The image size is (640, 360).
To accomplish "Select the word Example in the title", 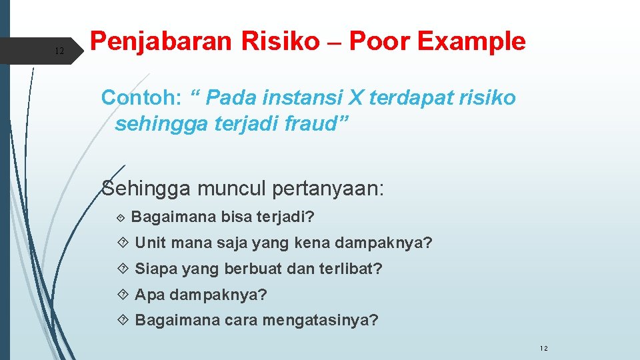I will click(x=471, y=42).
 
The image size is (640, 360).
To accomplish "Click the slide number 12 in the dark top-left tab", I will click(x=59, y=51).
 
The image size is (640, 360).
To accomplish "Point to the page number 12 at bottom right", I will click(x=543, y=348).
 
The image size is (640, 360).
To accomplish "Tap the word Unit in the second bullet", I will click(x=149, y=243).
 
